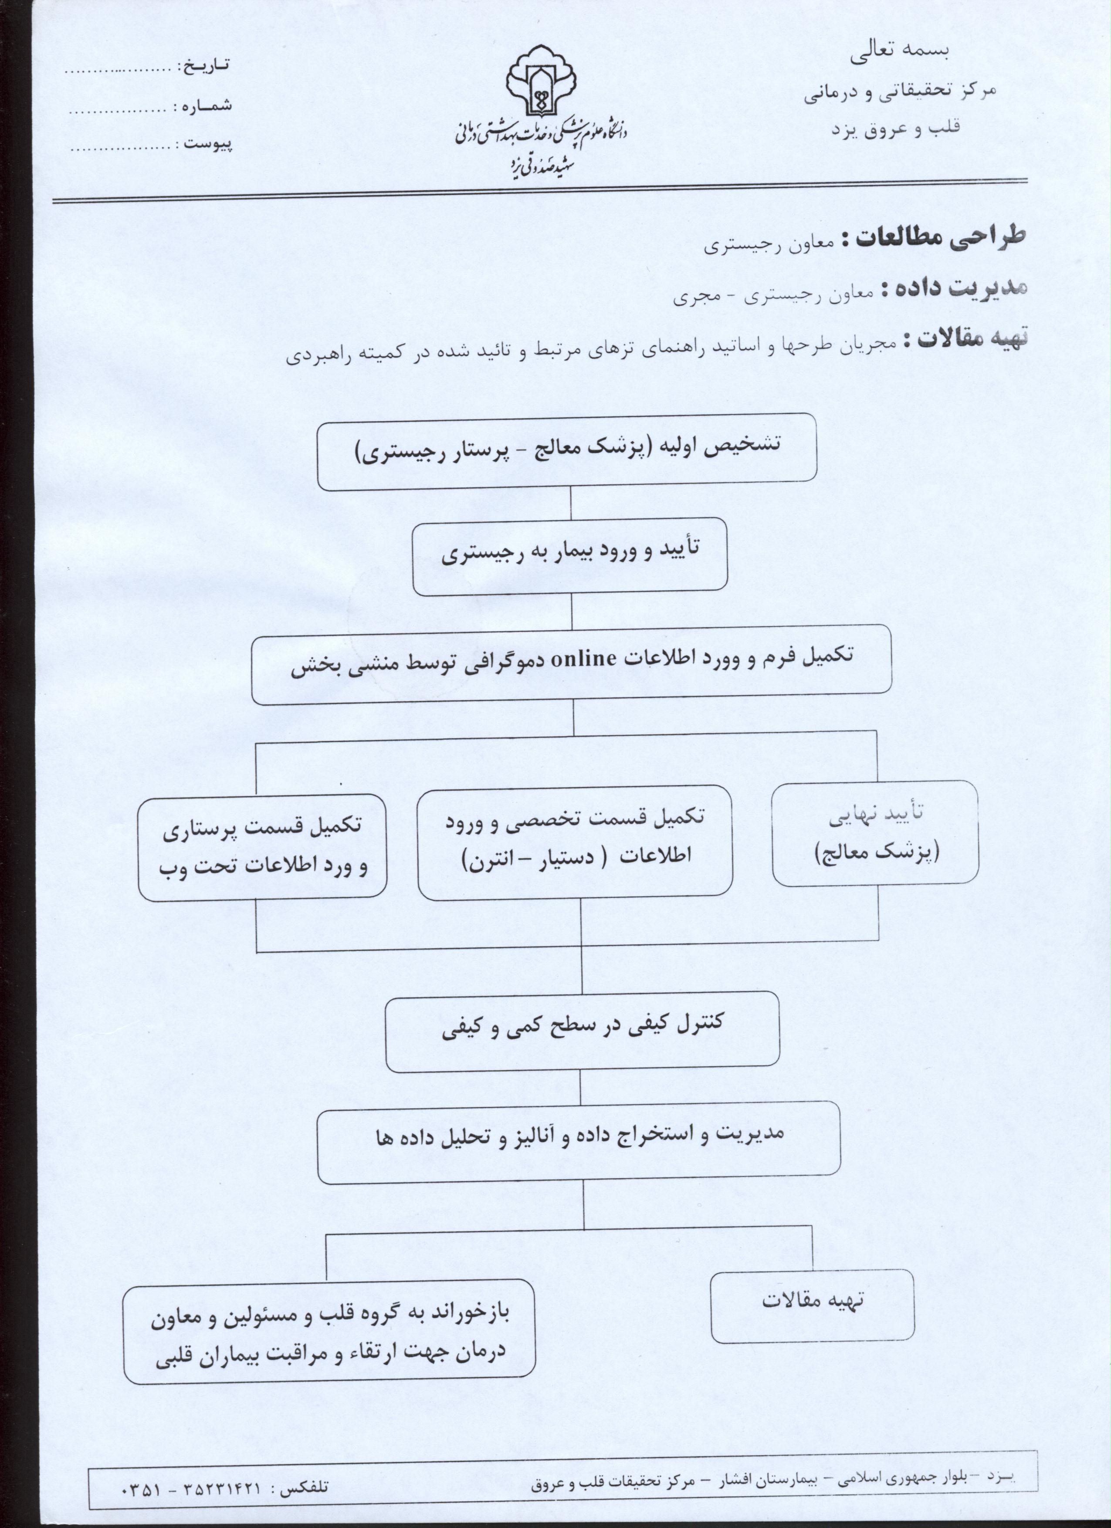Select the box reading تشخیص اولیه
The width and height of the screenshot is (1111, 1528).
click(567, 451)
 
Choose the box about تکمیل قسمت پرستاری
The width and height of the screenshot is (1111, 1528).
click(262, 846)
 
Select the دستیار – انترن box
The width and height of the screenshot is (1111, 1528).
click(575, 842)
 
